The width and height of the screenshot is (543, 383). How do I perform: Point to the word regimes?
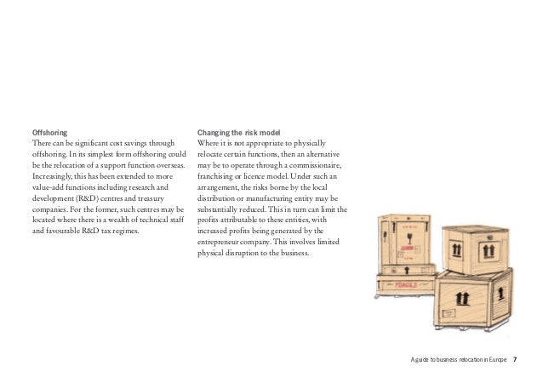(x=124, y=231)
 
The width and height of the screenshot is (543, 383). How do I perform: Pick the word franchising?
(x=217, y=175)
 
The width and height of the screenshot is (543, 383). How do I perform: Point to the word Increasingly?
(x=52, y=175)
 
